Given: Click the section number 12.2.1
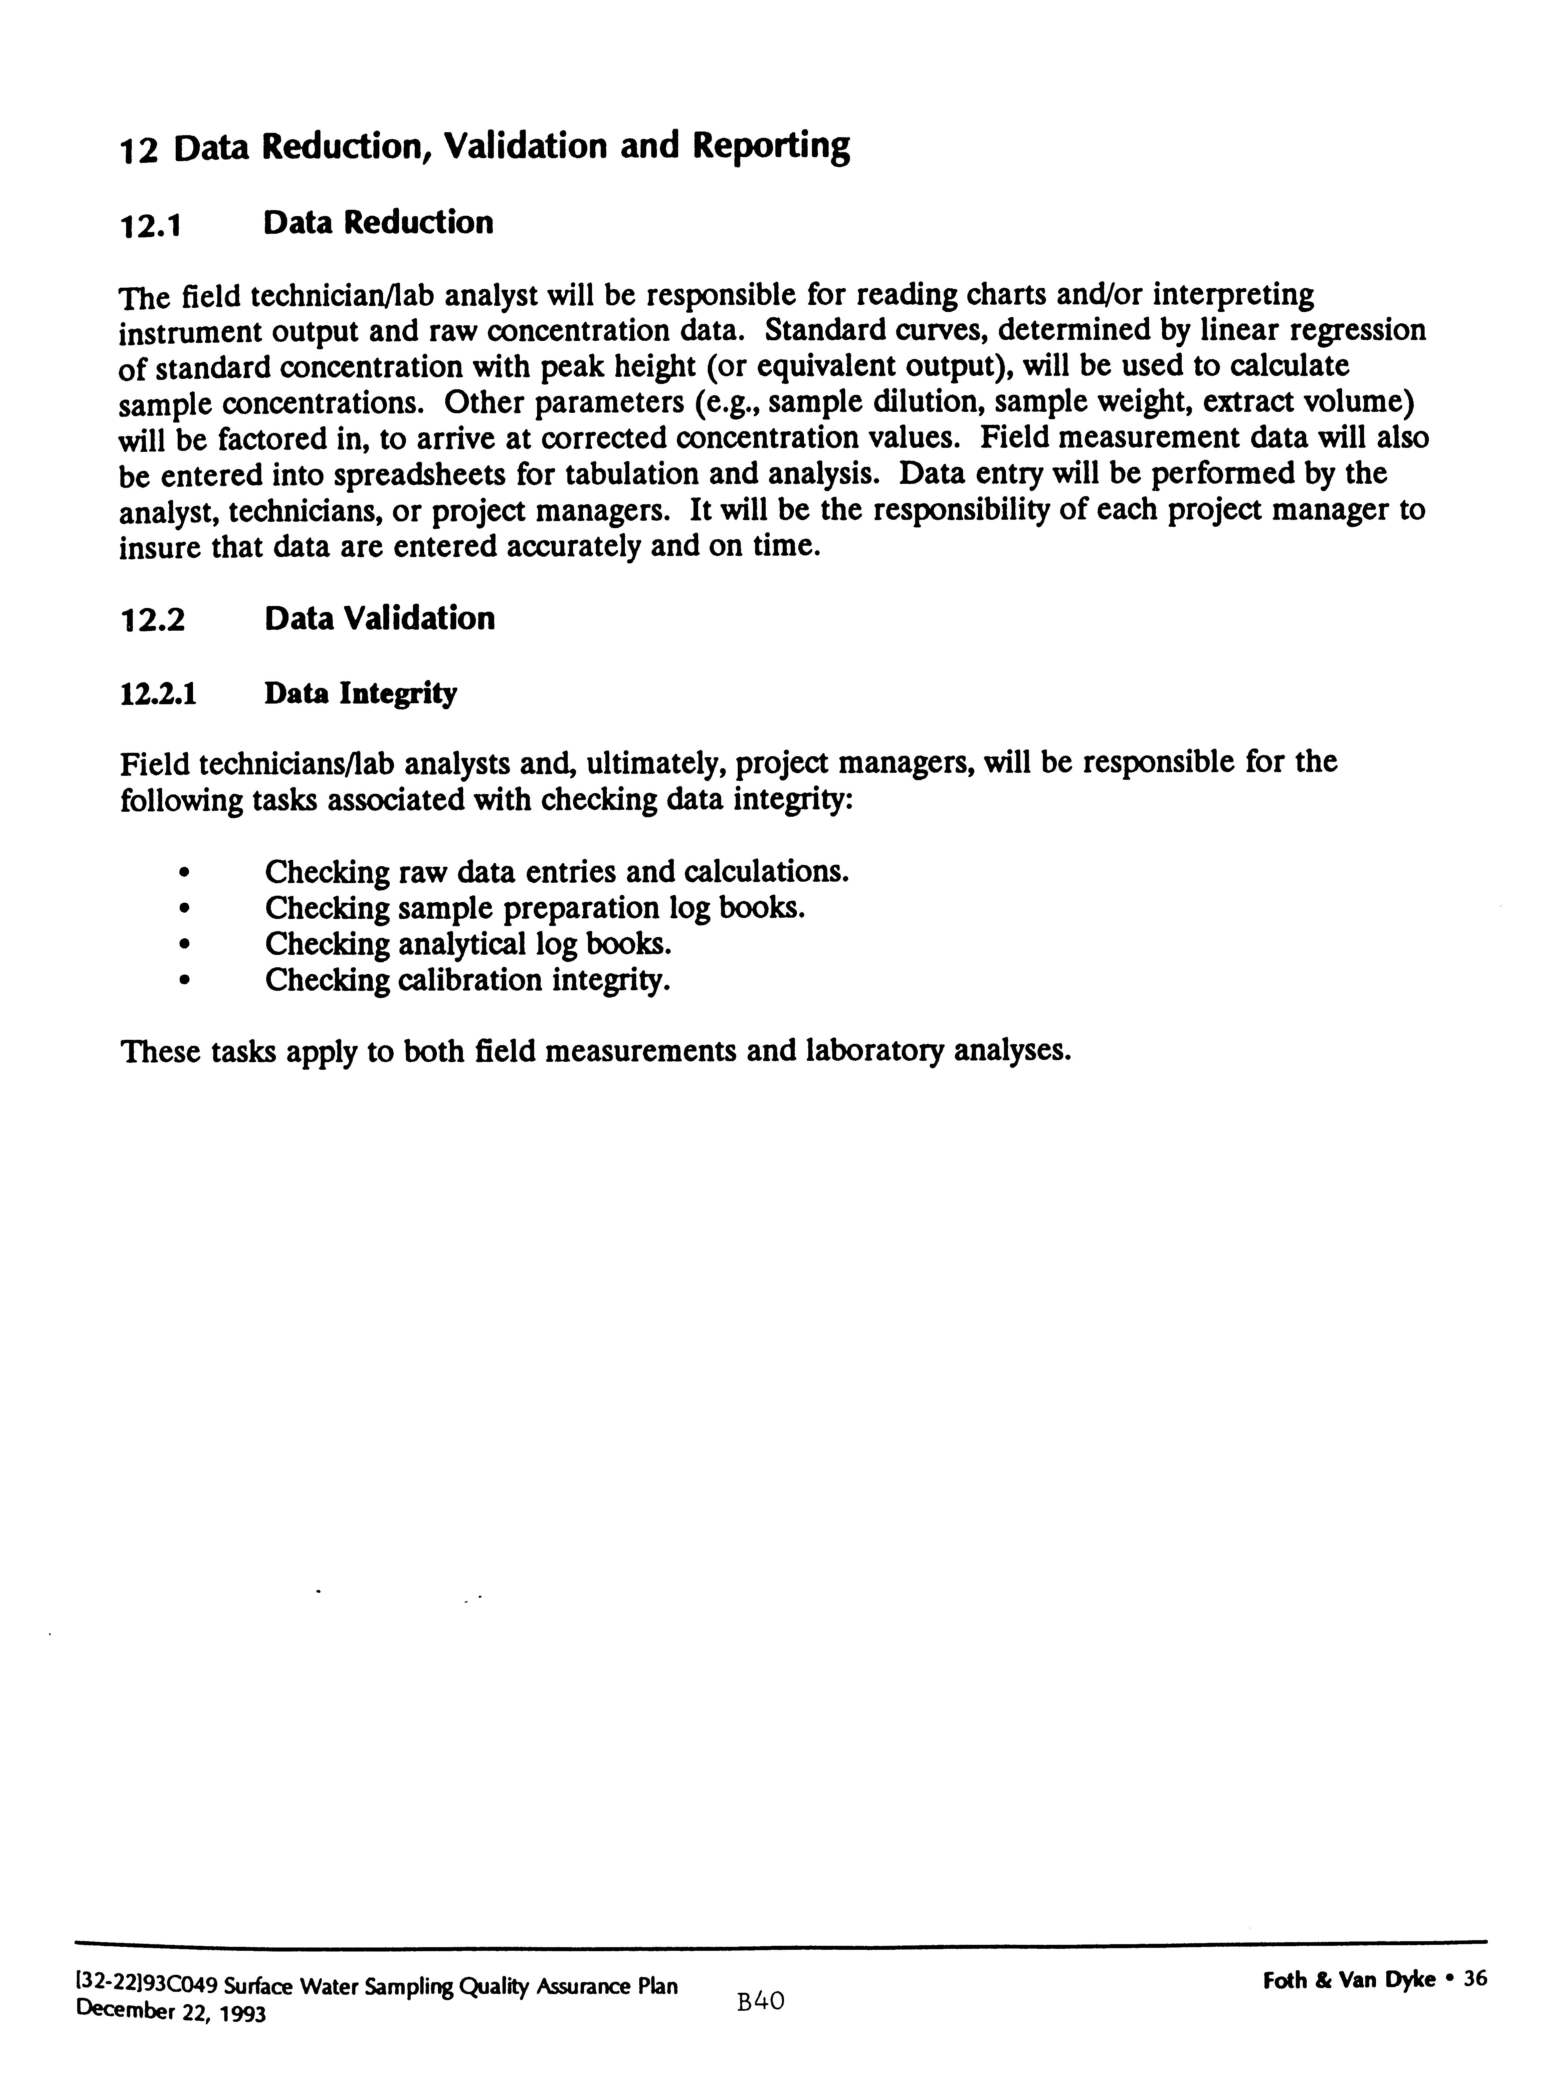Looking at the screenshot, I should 158,694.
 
